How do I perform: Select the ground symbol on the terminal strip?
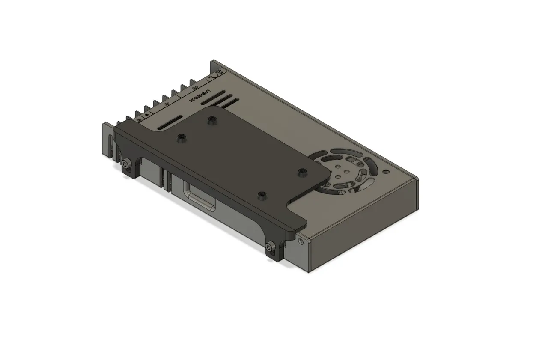(147, 114)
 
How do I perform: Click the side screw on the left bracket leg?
(125, 164)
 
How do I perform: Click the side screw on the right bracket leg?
(269, 247)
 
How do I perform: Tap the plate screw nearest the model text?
(211, 121)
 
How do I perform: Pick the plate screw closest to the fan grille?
(302, 172)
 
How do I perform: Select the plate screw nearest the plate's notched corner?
(262, 196)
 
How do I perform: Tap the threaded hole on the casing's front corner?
(303, 240)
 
